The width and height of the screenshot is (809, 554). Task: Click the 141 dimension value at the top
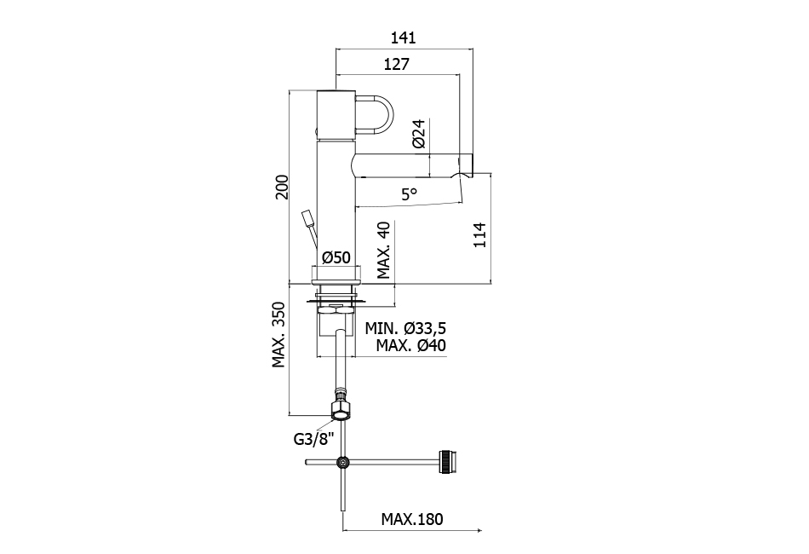click(x=403, y=38)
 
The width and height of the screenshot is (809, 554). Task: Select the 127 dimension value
click(x=397, y=64)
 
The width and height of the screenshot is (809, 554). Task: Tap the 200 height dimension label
click(x=282, y=188)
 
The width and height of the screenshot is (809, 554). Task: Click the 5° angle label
click(x=409, y=194)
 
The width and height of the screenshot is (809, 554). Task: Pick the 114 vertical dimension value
click(x=480, y=235)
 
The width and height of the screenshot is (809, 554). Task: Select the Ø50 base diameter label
click(x=336, y=257)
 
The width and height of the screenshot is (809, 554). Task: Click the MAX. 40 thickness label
click(x=384, y=250)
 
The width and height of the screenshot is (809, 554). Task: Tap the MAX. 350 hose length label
click(x=279, y=335)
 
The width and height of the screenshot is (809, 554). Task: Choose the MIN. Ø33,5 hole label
click(x=405, y=328)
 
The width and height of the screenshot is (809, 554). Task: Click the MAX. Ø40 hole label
click(x=411, y=345)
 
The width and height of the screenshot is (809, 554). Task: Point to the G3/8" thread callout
click(x=313, y=439)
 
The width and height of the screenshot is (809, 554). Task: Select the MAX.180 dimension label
click(x=412, y=519)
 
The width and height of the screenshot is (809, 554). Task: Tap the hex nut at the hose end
click(x=341, y=412)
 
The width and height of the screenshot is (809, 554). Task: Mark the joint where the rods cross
click(x=342, y=463)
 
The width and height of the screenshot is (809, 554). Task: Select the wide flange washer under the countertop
click(x=336, y=301)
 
